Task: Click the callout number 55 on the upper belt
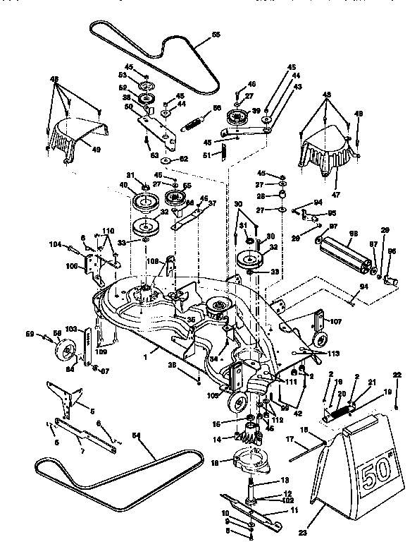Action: pos(216,34)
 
